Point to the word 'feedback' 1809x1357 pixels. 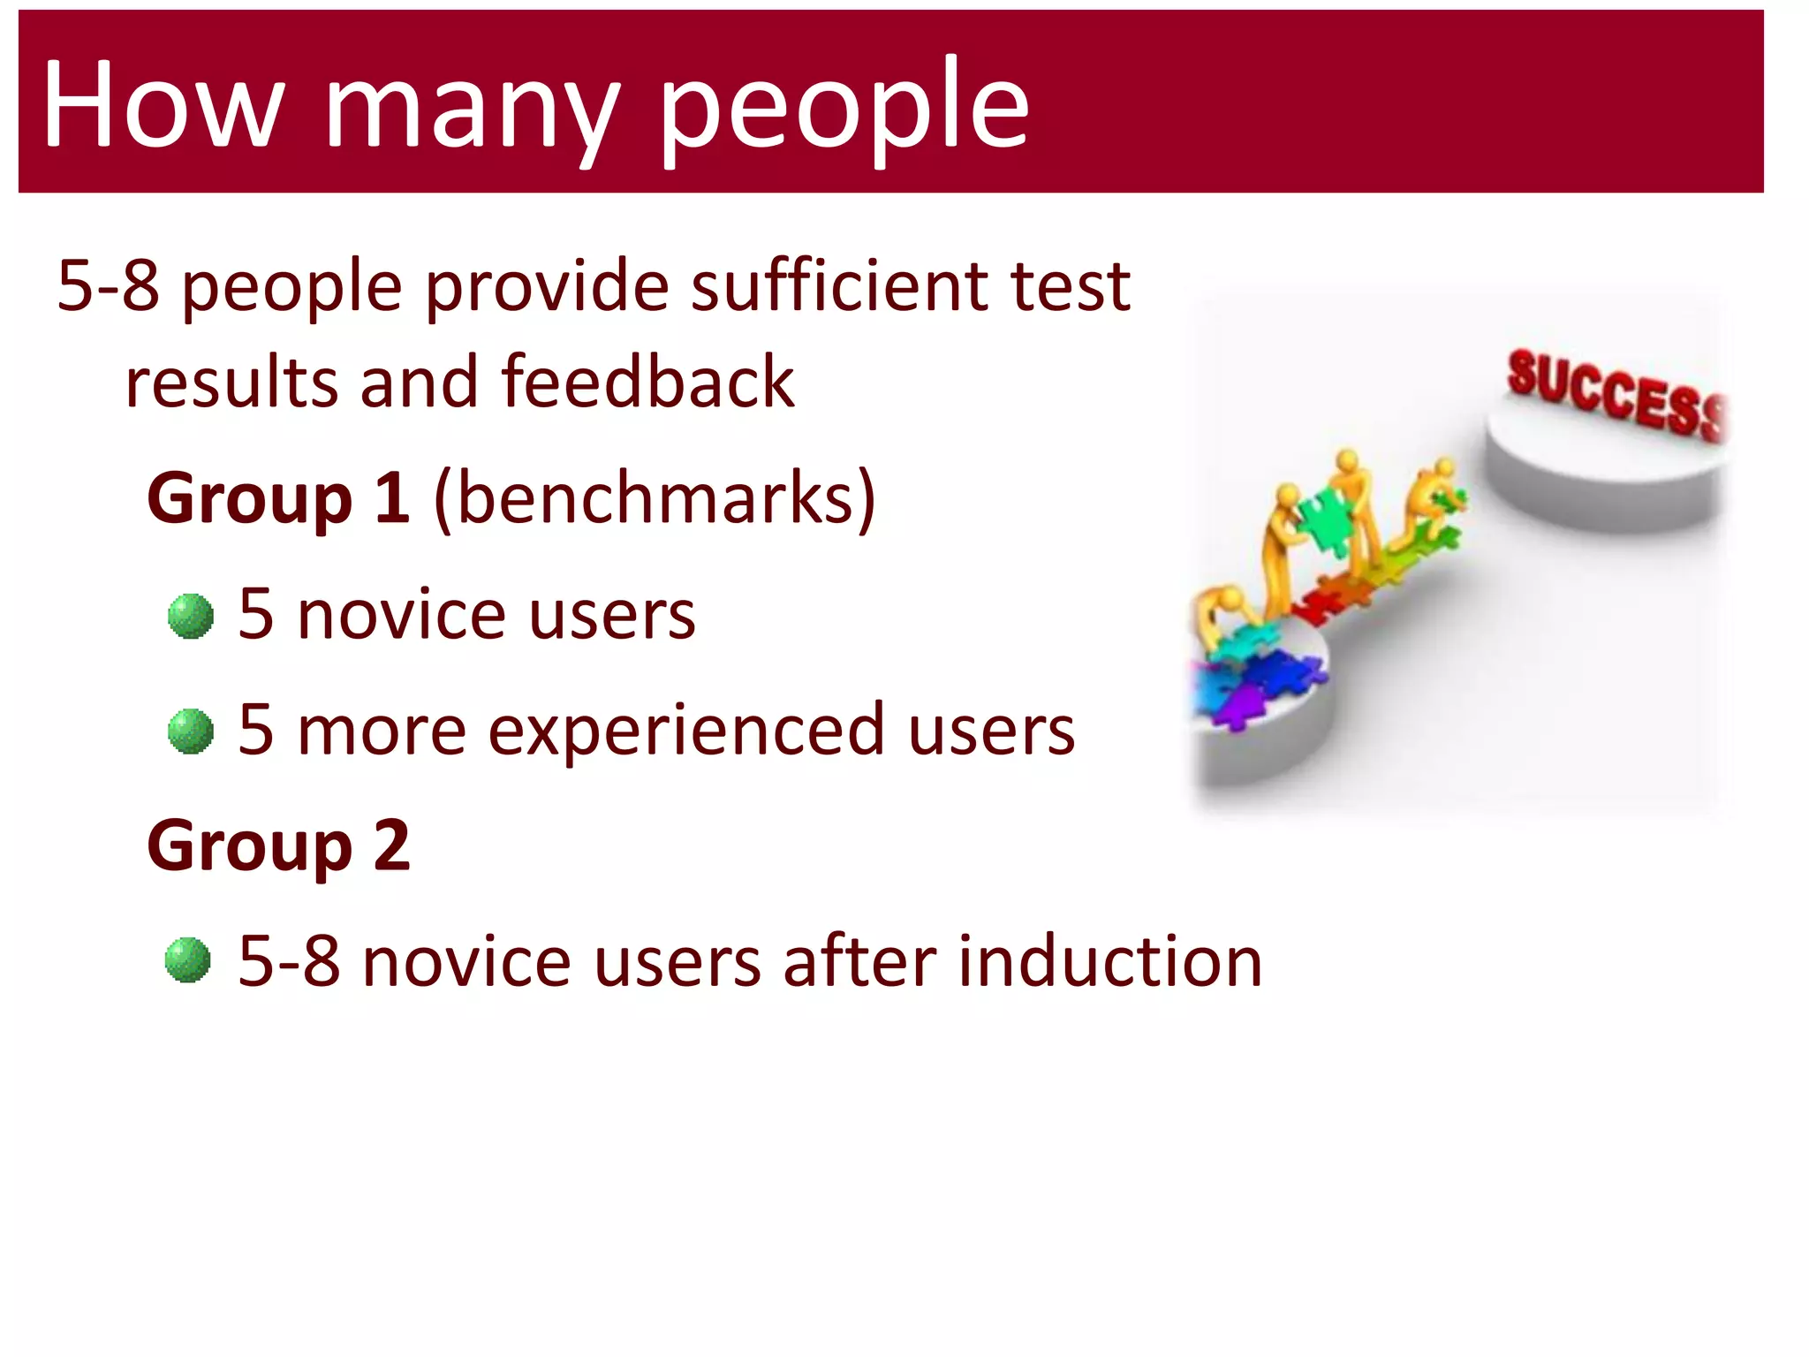coord(647,382)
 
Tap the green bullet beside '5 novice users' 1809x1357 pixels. coord(191,616)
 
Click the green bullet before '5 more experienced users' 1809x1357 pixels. coord(191,732)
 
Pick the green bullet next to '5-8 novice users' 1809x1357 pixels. coord(188,960)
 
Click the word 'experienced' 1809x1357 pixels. coord(686,732)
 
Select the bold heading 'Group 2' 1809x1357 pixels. coord(278,846)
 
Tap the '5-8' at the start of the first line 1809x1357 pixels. coord(108,287)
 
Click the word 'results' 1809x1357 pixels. coord(231,382)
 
